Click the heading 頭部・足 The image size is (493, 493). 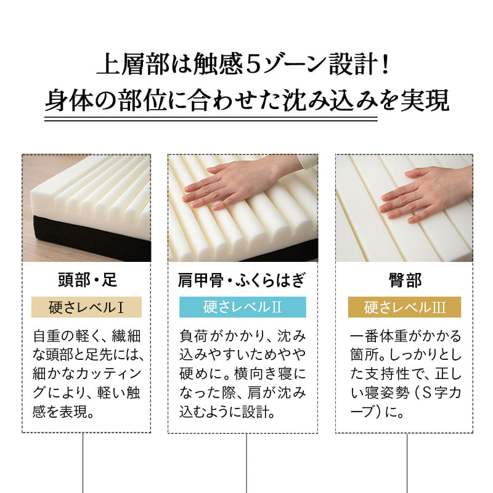coord(87,280)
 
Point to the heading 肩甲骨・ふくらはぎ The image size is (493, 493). coord(242,280)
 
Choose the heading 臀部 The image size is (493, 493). coord(404,280)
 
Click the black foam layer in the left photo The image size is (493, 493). coord(92,240)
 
